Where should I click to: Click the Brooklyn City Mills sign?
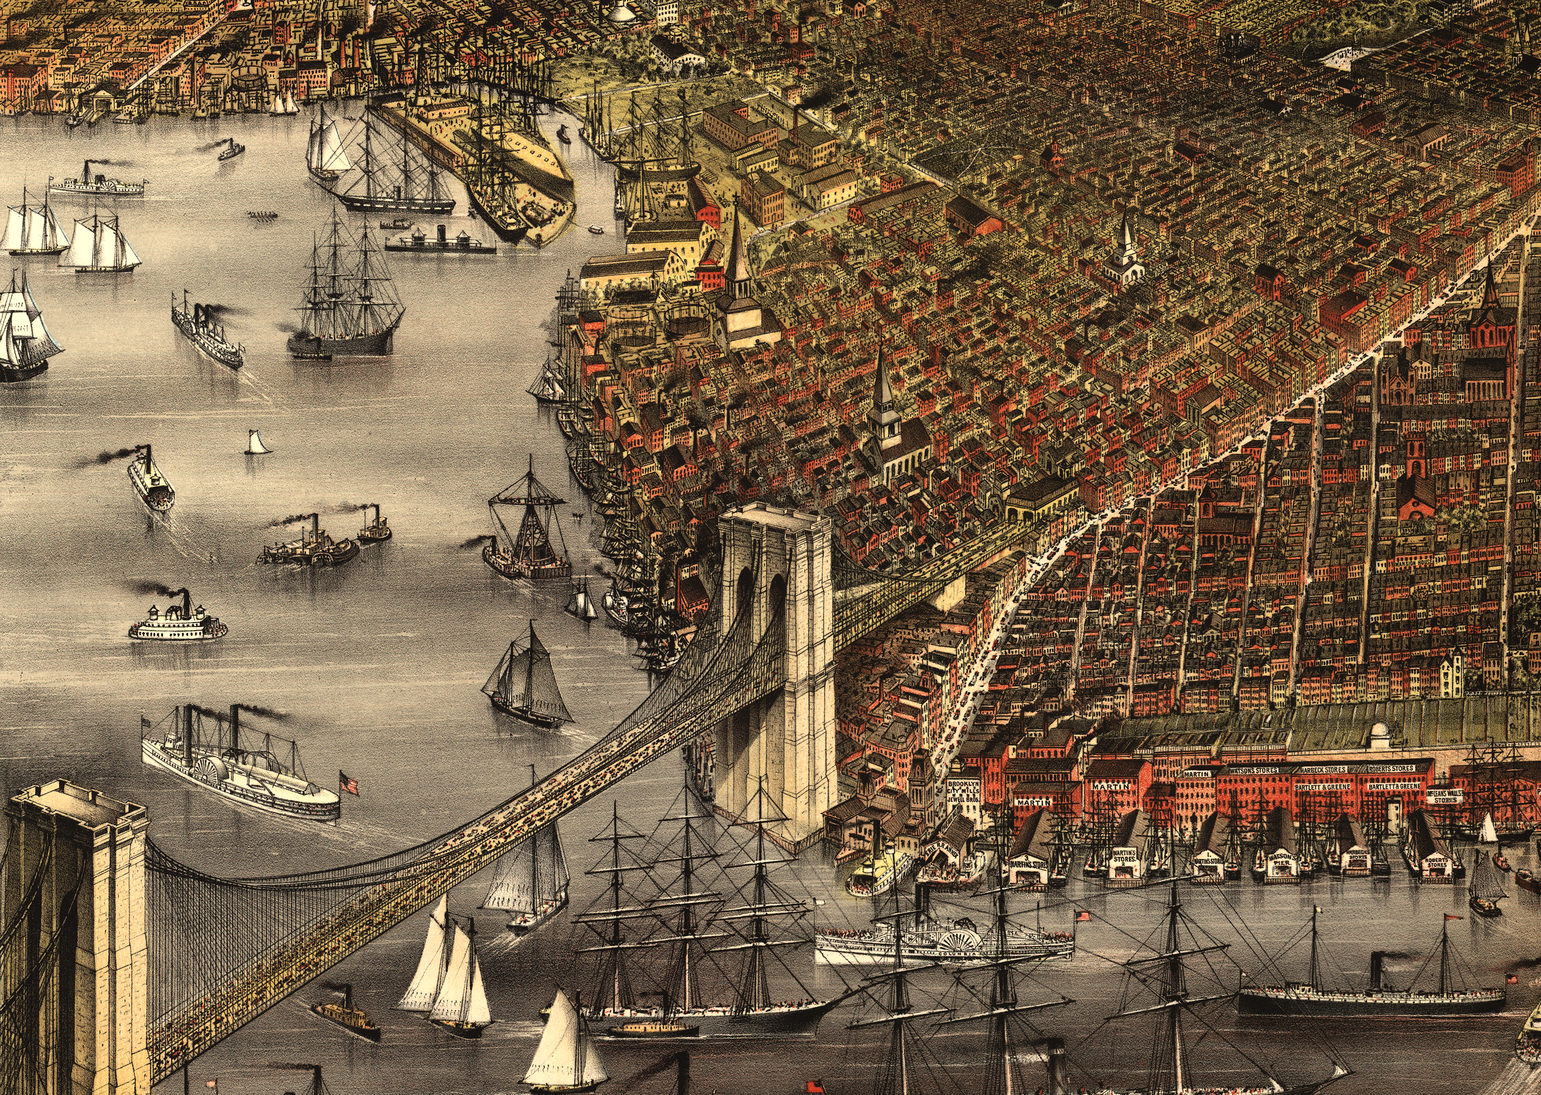[x=963, y=792]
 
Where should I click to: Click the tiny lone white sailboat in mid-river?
[x=257, y=443]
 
